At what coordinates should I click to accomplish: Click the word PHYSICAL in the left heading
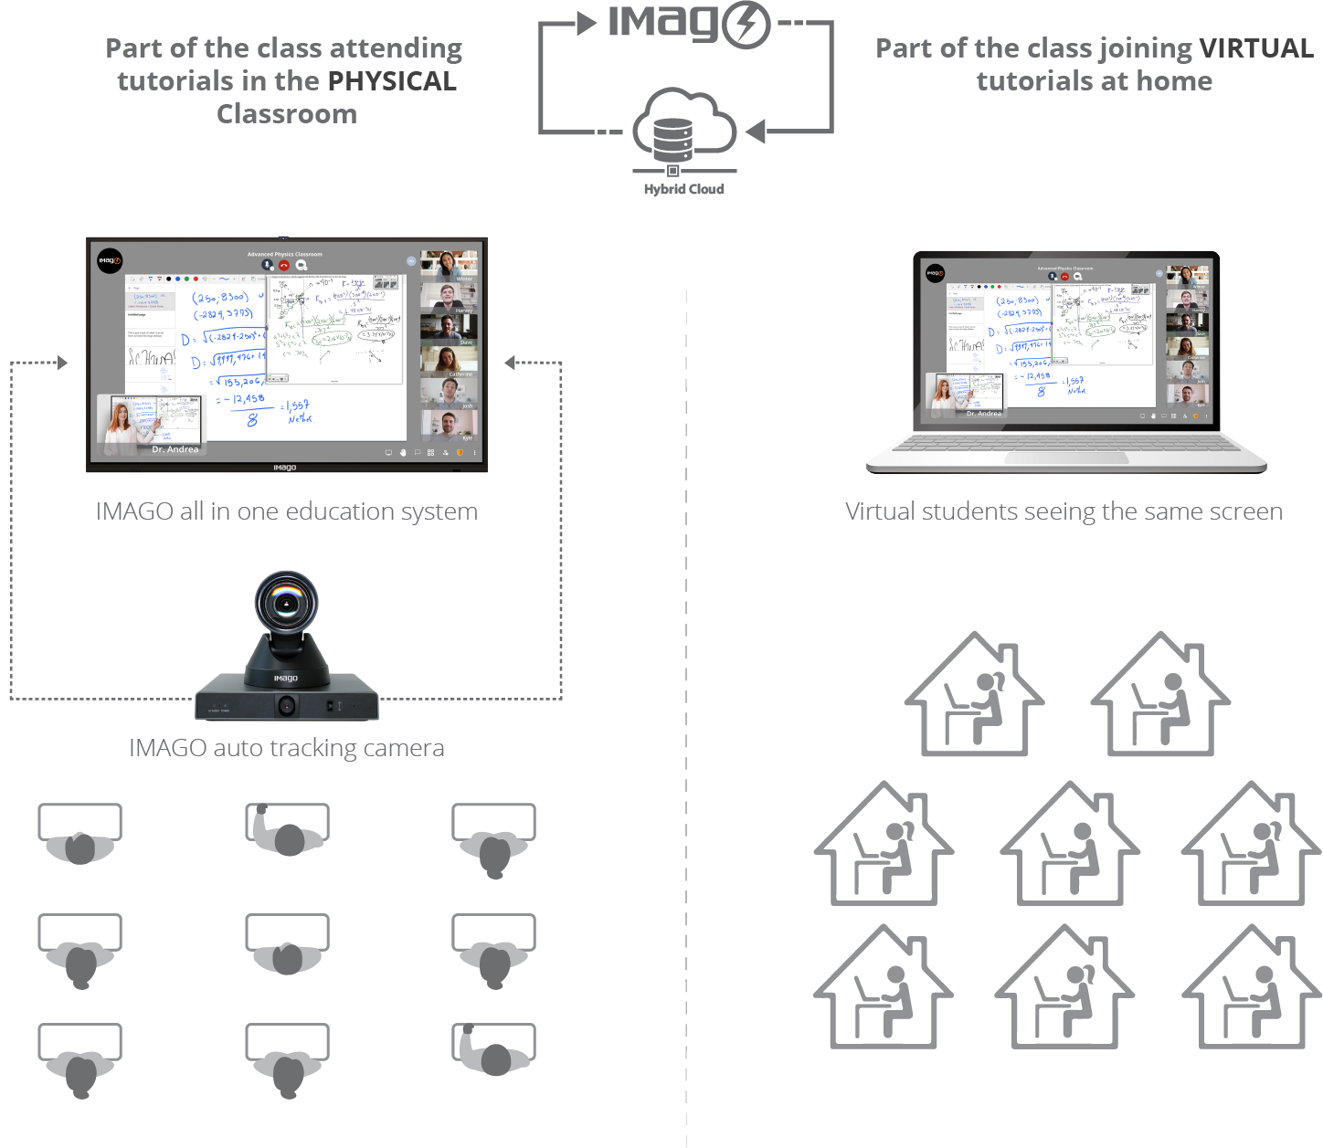pos(392,81)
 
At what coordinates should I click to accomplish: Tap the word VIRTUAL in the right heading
pos(1256,48)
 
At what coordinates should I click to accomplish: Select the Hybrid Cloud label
pos(683,189)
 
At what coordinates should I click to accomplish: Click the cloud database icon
pos(683,132)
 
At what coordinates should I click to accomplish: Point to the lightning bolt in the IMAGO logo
pos(746,24)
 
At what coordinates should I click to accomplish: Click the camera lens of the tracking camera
pos(287,602)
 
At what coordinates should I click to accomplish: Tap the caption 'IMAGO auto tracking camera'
pos(286,748)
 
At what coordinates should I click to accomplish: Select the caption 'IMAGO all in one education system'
pos(286,511)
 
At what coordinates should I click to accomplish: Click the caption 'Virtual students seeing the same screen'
pos(1064,511)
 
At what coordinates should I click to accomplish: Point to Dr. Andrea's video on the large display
pos(150,424)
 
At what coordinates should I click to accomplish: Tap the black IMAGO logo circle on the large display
pos(110,260)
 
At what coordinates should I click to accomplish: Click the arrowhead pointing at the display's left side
pos(62,363)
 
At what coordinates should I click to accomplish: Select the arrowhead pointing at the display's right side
pos(510,363)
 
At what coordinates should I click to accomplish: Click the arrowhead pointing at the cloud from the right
pos(755,132)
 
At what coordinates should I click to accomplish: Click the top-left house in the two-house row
pos(974,696)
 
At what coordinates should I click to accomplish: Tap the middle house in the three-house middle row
pos(1070,845)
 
